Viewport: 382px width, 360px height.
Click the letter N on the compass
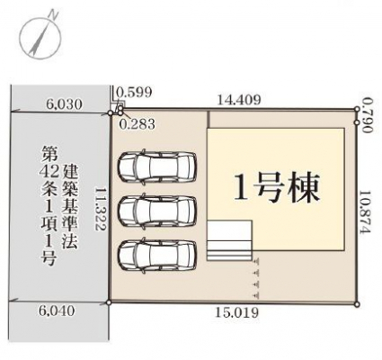pyautogui.click(x=54, y=14)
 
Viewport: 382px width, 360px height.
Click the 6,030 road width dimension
pyautogui.click(x=64, y=104)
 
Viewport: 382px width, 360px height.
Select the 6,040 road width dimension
pyautogui.click(x=57, y=310)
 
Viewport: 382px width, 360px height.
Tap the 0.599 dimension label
pyautogui.click(x=134, y=93)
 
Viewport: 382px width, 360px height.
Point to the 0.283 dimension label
pyautogui.click(x=138, y=124)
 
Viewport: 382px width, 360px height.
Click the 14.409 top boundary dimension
pyautogui.click(x=238, y=99)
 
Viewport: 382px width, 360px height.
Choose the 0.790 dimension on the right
pyautogui.click(x=367, y=115)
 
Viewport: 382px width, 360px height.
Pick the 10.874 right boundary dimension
pyautogui.click(x=366, y=211)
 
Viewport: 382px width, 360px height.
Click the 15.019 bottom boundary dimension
pyautogui.click(x=236, y=313)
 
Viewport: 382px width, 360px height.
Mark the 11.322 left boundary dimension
pyautogui.click(x=101, y=209)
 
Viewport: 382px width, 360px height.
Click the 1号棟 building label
pyautogui.click(x=276, y=187)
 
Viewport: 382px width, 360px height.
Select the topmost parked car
pyautogui.click(x=157, y=166)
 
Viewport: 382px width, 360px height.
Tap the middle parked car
pyautogui.click(x=157, y=211)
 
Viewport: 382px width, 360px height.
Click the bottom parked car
pyautogui.click(x=157, y=255)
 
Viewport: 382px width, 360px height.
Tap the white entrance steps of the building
pyautogui.click(x=229, y=240)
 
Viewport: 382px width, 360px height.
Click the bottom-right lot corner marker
pyautogui.click(x=357, y=304)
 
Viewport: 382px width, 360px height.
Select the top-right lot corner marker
pyautogui.click(x=357, y=109)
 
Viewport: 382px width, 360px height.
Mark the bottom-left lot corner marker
pyautogui.click(x=110, y=302)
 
